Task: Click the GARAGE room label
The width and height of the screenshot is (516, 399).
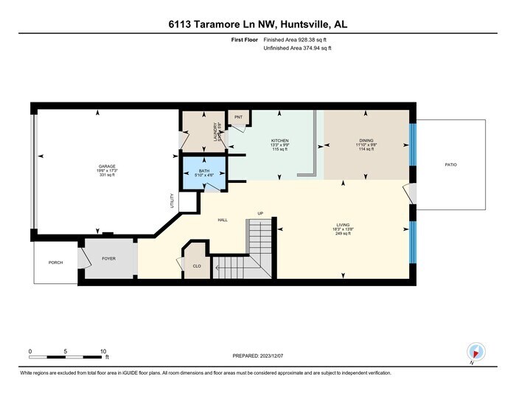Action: (107, 167)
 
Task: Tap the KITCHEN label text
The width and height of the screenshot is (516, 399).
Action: (279, 140)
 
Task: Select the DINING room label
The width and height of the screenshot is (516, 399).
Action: (366, 140)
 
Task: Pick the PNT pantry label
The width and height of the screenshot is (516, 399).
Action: (238, 117)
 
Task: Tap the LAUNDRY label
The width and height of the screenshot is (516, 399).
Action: (215, 131)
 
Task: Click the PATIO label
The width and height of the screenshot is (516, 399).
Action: (450, 164)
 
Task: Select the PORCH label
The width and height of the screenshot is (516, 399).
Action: (55, 262)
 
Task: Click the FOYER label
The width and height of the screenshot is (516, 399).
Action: (109, 258)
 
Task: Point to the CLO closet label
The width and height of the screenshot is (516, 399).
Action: (197, 266)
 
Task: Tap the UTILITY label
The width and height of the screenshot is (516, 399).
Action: (171, 200)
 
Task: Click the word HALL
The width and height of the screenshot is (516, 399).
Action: (222, 220)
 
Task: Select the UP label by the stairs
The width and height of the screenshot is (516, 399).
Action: (260, 214)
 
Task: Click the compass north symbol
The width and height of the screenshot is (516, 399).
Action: (475, 353)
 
